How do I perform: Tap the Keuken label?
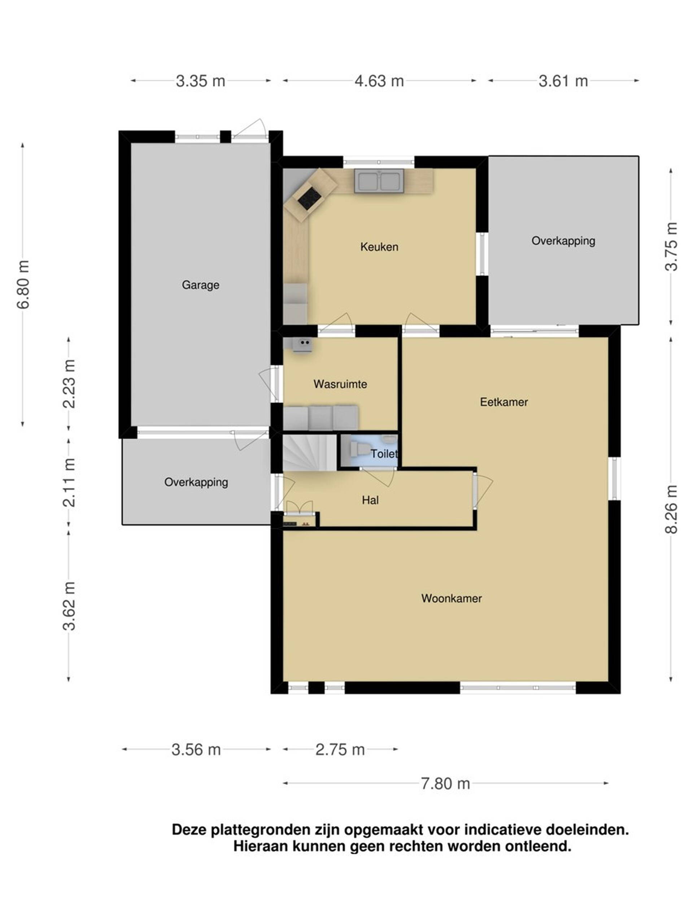click(x=379, y=247)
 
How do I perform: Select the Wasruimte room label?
click(x=340, y=384)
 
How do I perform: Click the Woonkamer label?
click(x=452, y=598)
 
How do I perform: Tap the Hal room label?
click(x=370, y=500)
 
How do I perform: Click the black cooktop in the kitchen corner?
click(x=310, y=199)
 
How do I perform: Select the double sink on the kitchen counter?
click(x=379, y=181)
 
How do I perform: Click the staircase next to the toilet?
click(x=310, y=453)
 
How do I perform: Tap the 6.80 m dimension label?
click(x=23, y=284)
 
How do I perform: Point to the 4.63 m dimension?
click(x=379, y=80)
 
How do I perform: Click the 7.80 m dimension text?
click(x=445, y=784)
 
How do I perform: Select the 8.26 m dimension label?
click(x=671, y=509)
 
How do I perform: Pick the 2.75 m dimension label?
click(x=340, y=749)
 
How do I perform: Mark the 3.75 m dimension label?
click(x=671, y=247)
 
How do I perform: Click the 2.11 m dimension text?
click(x=69, y=483)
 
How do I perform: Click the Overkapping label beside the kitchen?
click(x=563, y=241)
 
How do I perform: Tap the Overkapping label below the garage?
click(x=196, y=483)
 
